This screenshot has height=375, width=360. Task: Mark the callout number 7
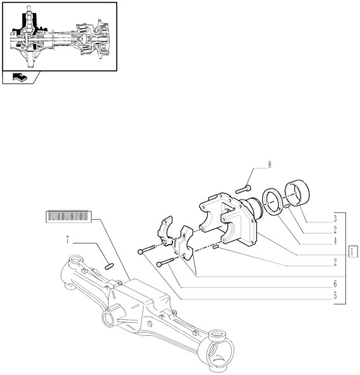click(x=68, y=240)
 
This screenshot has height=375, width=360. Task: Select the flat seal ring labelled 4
click(x=275, y=202)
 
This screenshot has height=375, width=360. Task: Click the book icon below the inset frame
click(x=21, y=78)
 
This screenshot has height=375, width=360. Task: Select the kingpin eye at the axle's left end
click(x=74, y=259)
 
